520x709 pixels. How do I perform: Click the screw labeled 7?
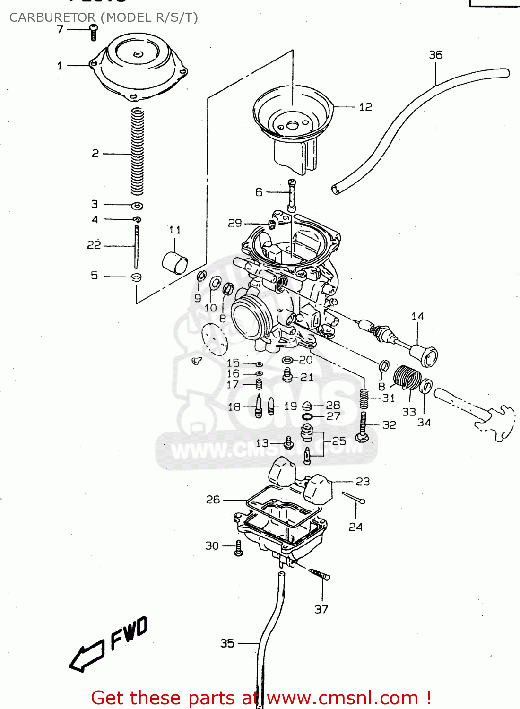[94, 33]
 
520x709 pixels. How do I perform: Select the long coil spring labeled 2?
[137, 151]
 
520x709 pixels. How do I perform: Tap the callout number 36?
[435, 55]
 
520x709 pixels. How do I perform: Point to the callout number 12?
[365, 107]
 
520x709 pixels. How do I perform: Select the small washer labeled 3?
[137, 206]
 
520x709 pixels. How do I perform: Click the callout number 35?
[227, 643]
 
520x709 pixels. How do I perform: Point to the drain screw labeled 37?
[320, 575]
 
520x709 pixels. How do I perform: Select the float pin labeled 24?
[353, 497]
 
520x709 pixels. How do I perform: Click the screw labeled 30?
[239, 548]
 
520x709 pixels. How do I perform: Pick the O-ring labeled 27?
[307, 416]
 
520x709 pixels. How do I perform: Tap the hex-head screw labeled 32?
[363, 428]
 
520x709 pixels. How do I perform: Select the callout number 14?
[417, 316]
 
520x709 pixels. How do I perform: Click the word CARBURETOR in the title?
[52, 17]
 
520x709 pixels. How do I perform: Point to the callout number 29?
[234, 223]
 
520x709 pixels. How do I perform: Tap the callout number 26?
[213, 500]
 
